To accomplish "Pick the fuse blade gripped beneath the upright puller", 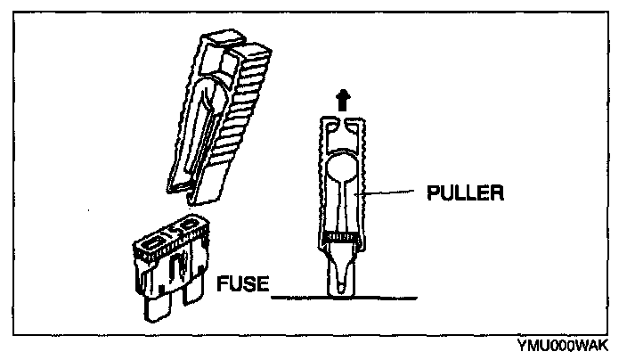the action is pos(341,272).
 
